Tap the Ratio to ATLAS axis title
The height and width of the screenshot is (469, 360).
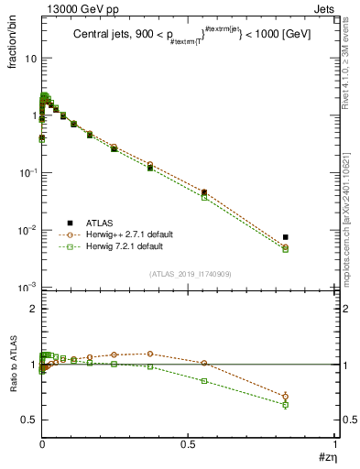[14, 367]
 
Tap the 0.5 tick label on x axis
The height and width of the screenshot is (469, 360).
[189, 443]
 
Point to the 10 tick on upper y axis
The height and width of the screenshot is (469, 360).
[30, 58]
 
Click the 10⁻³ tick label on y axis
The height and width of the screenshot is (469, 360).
[27, 288]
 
